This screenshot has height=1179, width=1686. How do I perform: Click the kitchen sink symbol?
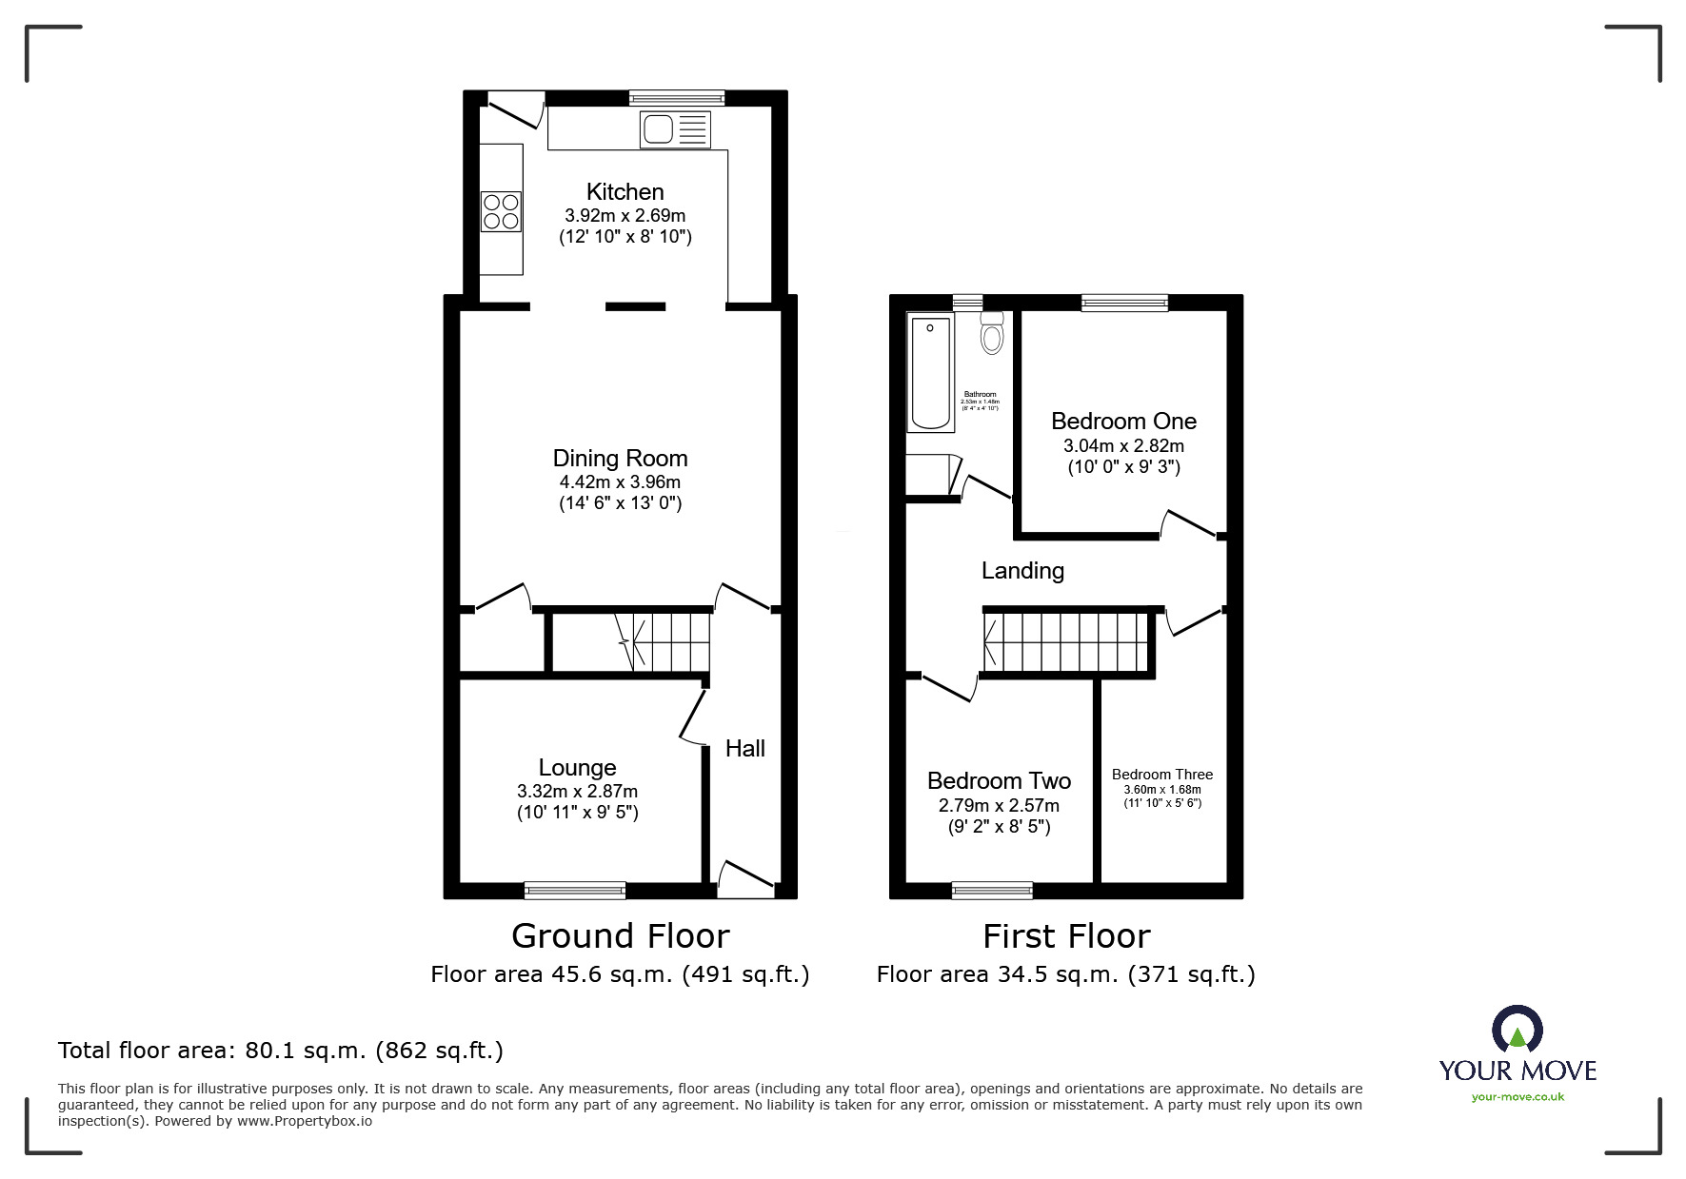coord(675,129)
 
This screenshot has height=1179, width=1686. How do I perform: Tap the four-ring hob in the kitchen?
coord(501,211)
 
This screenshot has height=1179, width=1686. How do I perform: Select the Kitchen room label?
coord(625,191)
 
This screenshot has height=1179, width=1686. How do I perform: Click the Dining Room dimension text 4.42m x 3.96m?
coord(620,482)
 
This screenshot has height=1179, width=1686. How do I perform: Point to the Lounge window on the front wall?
coord(574,891)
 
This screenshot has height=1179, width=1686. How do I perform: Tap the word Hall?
coord(744,749)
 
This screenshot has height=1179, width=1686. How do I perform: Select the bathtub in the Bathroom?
coord(931,373)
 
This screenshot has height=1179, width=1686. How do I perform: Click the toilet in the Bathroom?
coord(992,334)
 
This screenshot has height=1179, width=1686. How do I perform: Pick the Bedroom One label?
coord(1123,421)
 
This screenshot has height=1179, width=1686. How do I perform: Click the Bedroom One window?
coord(1124,303)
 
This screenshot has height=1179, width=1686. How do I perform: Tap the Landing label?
coord(1022,570)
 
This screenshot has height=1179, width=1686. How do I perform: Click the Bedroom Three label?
coord(1161,775)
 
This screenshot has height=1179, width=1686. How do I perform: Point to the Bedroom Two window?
coord(992,891)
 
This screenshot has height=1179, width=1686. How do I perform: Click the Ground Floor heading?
coord(620,936)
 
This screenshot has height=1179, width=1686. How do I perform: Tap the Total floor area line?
coord(281,1051)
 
